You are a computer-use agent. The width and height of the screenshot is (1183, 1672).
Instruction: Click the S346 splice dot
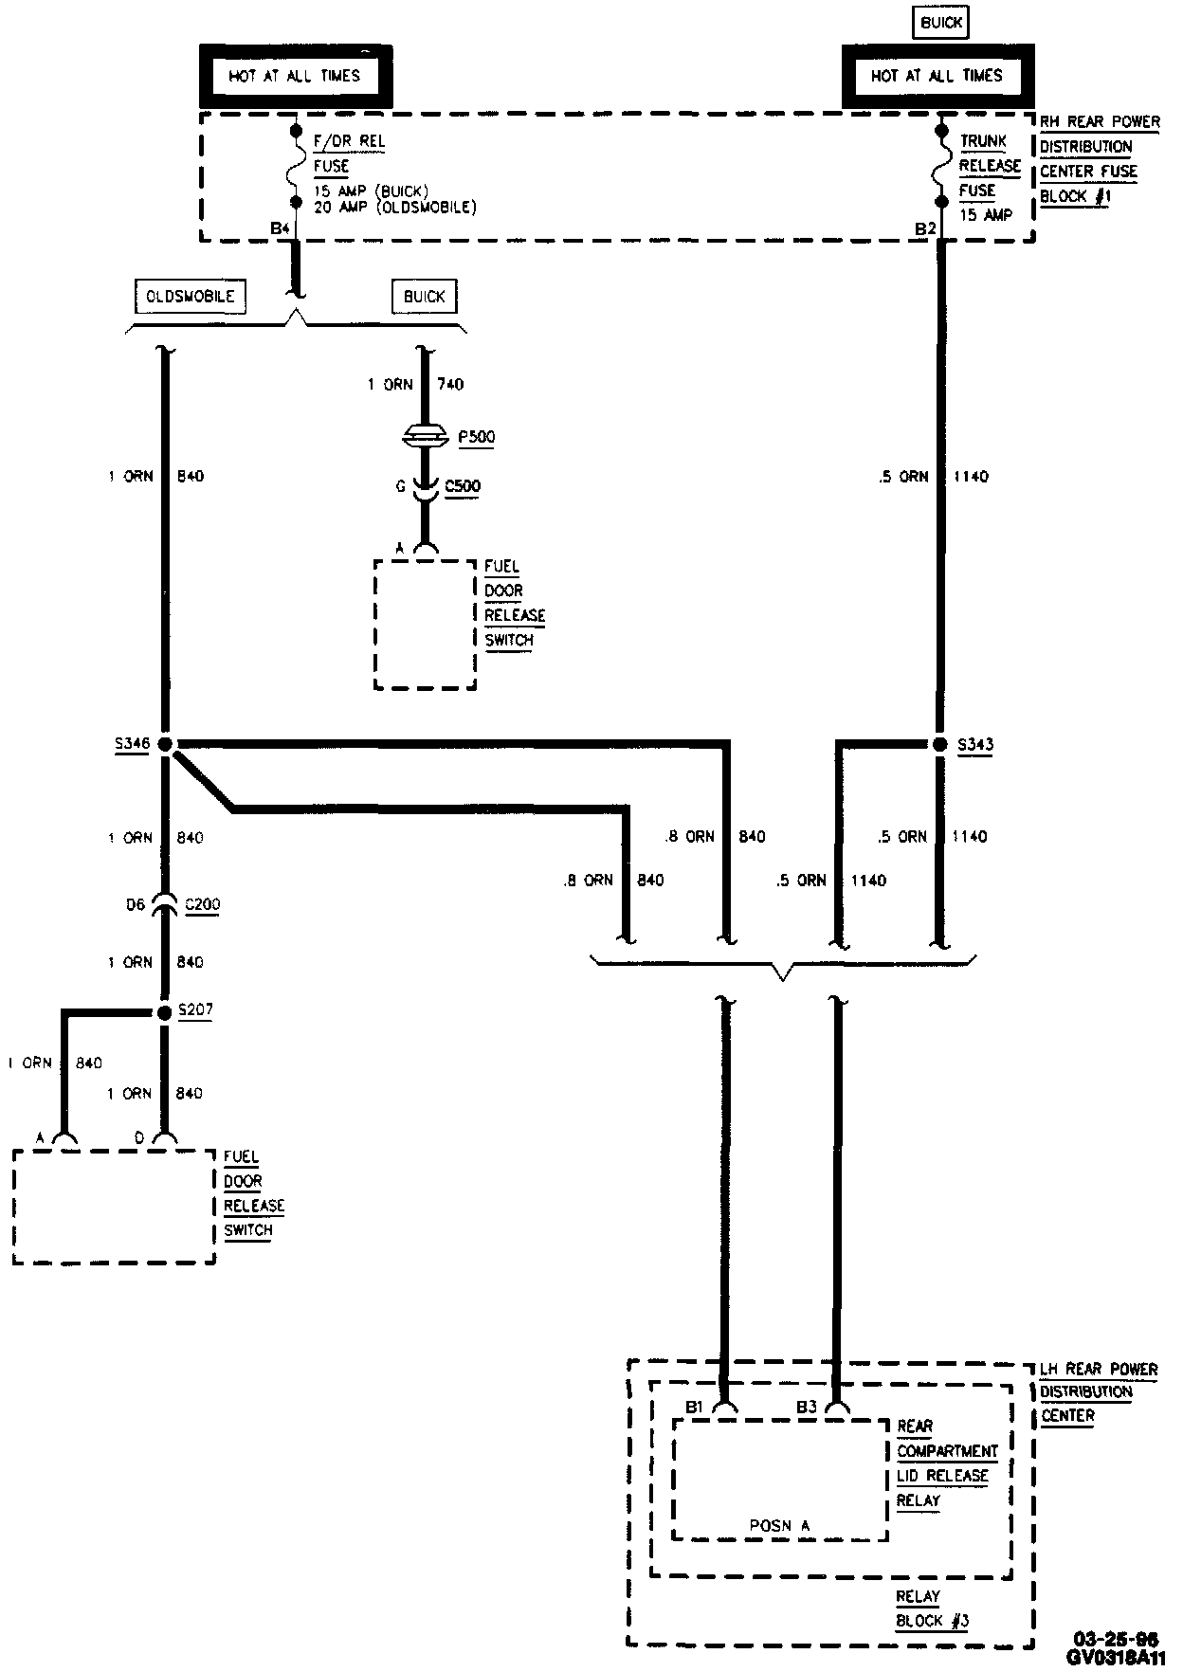[165, 745]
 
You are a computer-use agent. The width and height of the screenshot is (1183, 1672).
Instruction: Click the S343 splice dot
[940, 745]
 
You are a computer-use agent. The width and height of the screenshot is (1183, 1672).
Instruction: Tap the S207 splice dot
[165, 1012]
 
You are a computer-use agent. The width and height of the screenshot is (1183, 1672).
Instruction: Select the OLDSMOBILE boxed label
[191, 297]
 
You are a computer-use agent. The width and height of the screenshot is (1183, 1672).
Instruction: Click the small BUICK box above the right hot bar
[941, 23]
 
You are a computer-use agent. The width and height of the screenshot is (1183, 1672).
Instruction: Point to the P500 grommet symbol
[425, 437]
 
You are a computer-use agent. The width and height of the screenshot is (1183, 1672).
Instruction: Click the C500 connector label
[464, 486]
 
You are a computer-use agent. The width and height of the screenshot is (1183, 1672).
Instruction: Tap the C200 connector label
[202, 904]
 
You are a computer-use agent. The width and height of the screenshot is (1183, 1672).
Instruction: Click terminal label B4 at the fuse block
[279, 228]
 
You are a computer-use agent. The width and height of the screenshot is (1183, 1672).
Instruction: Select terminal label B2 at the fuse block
[925, 228]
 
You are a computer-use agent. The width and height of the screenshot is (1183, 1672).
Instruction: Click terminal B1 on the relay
[695, 1408]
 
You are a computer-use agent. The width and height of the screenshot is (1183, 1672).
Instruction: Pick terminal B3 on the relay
[807, 1408]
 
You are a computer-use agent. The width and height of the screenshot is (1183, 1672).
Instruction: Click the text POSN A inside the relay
[779, 1525]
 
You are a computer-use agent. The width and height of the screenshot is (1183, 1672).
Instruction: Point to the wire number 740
[450, 384]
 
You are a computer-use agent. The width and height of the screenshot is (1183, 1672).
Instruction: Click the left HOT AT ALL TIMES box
[295, 76]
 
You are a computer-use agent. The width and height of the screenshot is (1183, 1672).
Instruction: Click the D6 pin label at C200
[136, 905]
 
